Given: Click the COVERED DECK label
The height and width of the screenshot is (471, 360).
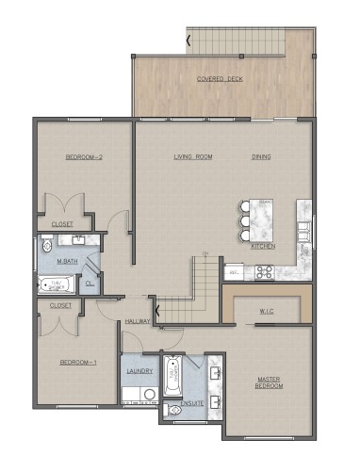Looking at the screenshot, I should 220,79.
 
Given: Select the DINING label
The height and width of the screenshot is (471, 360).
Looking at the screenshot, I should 262,156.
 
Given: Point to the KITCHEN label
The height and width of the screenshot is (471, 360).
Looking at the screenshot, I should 263,246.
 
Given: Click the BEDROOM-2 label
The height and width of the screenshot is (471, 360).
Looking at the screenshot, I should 83,156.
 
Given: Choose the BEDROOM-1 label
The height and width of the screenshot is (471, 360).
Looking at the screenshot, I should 77,362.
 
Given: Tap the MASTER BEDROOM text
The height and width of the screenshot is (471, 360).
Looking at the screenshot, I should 271,382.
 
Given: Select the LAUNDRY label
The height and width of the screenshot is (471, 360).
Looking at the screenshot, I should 139,371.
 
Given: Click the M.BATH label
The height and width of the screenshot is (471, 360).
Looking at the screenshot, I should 66,261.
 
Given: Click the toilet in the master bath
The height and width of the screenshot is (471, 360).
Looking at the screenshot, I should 47,248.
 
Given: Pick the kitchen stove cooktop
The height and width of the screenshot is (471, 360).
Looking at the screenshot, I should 265,273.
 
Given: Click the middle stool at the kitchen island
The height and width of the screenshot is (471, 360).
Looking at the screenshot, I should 246,221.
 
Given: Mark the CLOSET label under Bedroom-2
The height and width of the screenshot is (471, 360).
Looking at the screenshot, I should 62,225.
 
